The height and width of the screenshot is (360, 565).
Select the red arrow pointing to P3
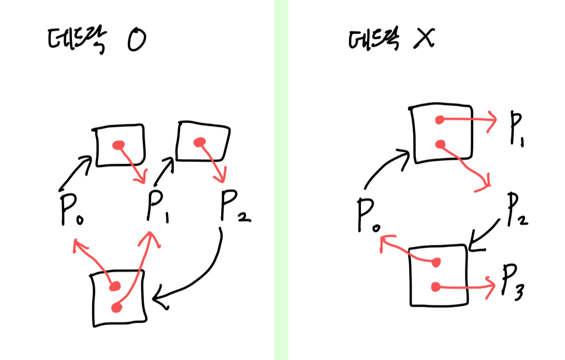coord(466,286)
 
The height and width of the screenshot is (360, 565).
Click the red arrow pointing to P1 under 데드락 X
coord(469,119)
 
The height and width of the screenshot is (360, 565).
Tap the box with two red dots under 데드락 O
coord(118,298)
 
